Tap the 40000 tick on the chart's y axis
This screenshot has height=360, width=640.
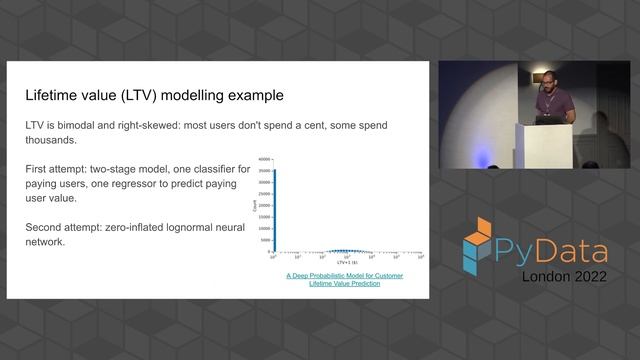coord(264,160)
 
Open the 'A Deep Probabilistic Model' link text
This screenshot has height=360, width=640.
coord(344,275)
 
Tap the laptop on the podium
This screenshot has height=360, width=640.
coord(545,117)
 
